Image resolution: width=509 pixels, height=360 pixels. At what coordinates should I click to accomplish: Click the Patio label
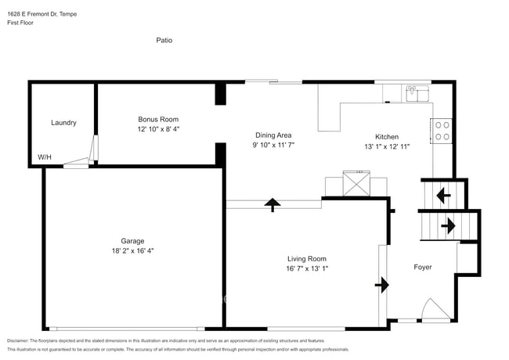coord(164,40)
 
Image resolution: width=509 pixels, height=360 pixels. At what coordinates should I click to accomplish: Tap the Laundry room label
coord(63,123)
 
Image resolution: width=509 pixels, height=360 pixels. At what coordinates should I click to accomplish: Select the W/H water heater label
coord(45,157)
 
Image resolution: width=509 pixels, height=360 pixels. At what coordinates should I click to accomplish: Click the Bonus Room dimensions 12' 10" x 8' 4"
coord(158,129)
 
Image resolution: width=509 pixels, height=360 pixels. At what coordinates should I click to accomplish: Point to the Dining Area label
coord(273,135)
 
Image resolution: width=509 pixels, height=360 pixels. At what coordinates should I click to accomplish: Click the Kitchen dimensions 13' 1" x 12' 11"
coord(387,146)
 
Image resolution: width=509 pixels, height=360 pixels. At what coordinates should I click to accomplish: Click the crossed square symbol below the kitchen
coord(356,186)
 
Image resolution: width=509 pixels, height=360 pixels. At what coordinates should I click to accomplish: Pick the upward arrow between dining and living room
coord(272,205)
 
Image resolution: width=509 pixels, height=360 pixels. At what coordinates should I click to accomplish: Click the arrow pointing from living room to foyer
coord(382,284)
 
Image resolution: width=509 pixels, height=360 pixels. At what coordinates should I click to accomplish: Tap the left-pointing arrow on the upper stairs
coord(442,195)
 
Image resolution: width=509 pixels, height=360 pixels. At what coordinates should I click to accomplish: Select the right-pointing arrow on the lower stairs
coord(448,226)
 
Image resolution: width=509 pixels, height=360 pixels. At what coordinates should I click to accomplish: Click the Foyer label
coord(422,268)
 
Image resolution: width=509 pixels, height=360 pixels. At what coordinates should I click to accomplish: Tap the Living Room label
coord(306,258)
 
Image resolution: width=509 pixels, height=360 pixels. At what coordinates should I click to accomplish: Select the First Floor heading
coord(22,23)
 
